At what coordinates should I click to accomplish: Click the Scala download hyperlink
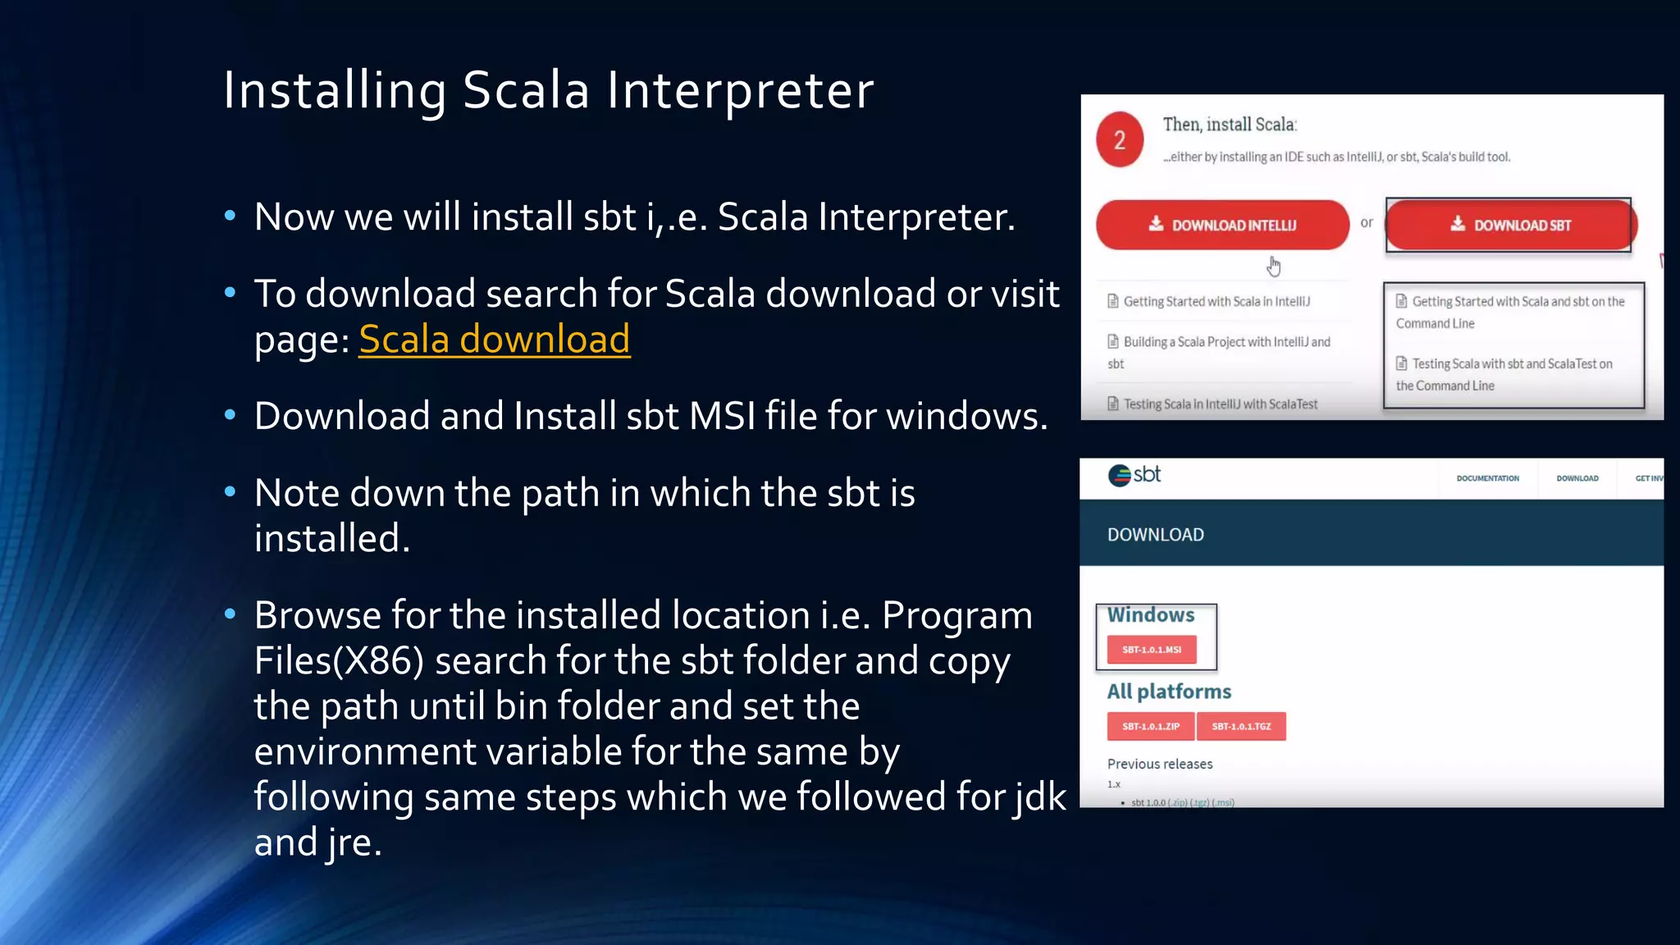coord(494,339)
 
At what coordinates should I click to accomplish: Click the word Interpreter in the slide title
coord(740,90)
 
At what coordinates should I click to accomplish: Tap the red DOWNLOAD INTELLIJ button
coord(1222,225)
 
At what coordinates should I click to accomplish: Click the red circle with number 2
coord(1120,140)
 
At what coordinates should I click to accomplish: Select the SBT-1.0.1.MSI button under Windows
coord(1151,650)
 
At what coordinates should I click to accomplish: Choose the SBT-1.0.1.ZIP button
coord(1150,727)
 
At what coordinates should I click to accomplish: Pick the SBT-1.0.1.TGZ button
coord(1241,727)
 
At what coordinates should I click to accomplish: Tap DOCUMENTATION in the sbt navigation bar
coord(1487,478)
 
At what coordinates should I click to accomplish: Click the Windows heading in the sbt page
coord(1150,615)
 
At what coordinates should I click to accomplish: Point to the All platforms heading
coord(1169,692)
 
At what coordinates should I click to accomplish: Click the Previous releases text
coord(1159,764)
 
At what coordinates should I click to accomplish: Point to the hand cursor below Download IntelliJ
coord(1274,266)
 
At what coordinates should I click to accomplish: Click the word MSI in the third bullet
coord(722,416)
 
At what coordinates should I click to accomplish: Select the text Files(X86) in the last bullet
coord(339,660)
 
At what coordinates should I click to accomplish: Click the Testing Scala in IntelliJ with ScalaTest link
coord(1220,404)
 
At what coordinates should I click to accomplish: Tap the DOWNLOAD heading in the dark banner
coord(1155,535)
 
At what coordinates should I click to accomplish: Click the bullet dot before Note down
coord(231,492)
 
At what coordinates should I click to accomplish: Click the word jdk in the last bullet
coord(1039,797)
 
